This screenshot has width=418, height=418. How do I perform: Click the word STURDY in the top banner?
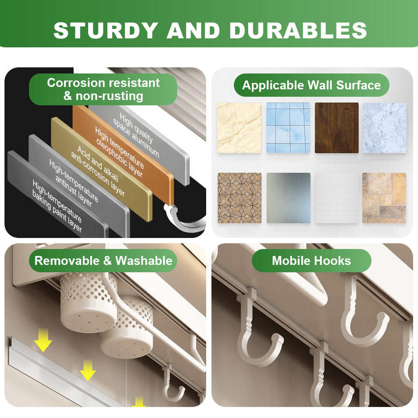(x=106, y=30)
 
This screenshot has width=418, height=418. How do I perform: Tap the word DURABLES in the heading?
(x=298, y=30)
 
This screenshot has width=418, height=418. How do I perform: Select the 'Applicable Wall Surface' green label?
(x=311, y=85)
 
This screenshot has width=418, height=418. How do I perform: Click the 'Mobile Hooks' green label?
(x=311, y=261)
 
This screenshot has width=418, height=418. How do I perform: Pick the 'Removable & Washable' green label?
(x=103, y=261)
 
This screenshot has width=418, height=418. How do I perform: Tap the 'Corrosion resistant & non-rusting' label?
(x=103, y=89)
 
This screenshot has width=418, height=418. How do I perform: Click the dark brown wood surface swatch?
(x=337, y=128)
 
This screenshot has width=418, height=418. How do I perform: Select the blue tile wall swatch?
(x=288, y=128)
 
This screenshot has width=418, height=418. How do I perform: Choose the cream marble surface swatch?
(x=239, y=128)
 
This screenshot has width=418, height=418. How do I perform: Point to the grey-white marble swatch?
(x=385, y=128)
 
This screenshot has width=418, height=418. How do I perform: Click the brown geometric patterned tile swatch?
(x=239, y=198)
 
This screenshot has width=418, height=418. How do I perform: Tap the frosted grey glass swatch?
(x=289, y=198)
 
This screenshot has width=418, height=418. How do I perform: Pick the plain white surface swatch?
(x=337, y=198)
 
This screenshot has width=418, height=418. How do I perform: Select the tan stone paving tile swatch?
(x=384, y=198)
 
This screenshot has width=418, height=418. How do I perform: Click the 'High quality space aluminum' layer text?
(x=136, y=135)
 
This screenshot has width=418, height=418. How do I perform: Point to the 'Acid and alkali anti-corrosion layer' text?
(x=98, y=171)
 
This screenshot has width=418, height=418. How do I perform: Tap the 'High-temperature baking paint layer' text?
(x=57, y=205)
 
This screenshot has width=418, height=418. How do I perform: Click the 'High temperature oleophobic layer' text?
(x=120, y=152)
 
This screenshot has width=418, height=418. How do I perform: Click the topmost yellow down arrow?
(x=43, y=340)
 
